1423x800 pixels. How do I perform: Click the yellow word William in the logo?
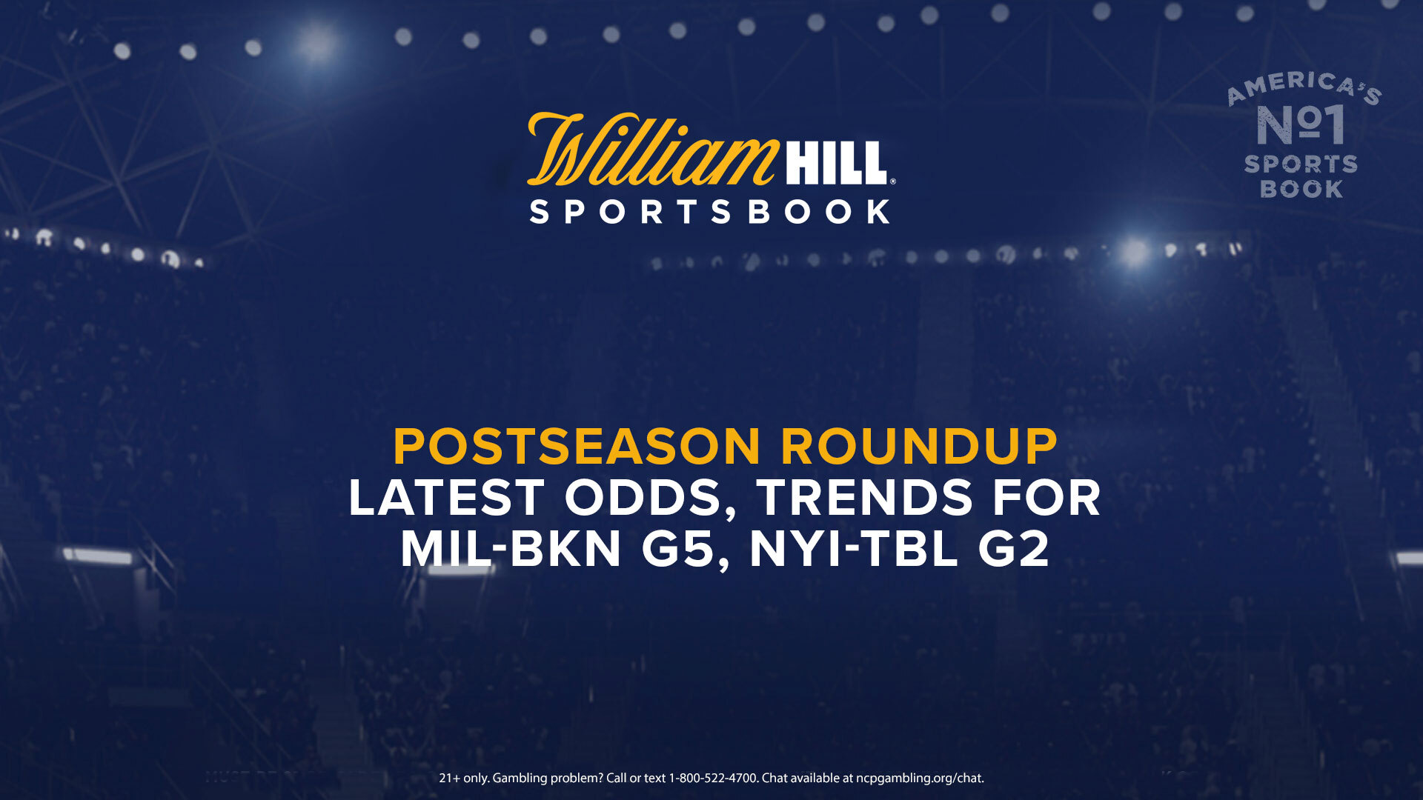652,149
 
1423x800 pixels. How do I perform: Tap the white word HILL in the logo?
836,163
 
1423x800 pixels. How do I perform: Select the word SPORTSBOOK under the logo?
710,212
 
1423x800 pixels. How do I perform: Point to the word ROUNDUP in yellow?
919,447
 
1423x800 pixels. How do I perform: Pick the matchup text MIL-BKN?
511,549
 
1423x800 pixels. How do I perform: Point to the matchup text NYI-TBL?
853,549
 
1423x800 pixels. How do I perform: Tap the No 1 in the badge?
1301,124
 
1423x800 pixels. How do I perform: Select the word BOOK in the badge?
1301,189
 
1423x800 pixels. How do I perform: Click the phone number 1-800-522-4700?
713,778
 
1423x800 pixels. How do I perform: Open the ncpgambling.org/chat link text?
920,779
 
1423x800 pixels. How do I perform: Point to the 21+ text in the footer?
450,778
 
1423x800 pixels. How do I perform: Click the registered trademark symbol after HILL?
892,181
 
